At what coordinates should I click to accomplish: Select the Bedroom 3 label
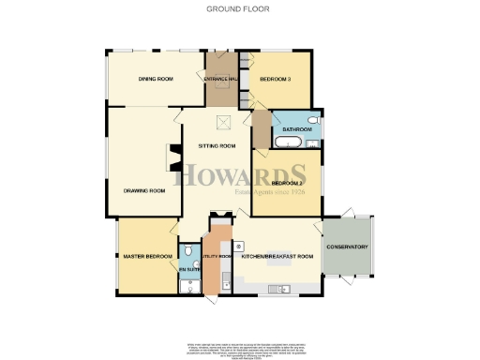coord(278,79)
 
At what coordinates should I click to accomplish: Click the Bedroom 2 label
coord(287,182)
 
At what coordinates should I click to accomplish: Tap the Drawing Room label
coord(144,190)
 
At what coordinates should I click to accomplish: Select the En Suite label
coord(189,270)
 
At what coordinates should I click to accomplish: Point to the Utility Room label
coord(217,256)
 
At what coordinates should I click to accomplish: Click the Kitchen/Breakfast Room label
coord(272,256)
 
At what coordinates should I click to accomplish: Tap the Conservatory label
coord(347,247)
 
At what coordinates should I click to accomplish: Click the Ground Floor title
coord(239,8)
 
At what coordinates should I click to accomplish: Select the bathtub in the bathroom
coord(287,142)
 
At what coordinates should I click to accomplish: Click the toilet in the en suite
coord(189,251)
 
